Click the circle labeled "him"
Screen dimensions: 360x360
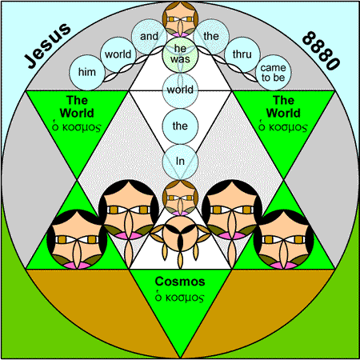click(87, 73)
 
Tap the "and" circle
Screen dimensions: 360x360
click(149, 37)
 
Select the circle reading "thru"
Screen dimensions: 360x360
click(242, 54)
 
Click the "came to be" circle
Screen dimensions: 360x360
click(273, 73)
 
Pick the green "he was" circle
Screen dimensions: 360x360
click(180, 54)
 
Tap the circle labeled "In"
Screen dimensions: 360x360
click(180, 162)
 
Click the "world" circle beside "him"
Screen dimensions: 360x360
click(118, 54)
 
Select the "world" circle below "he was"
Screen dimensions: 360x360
click(180, 90)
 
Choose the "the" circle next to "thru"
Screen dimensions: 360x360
click(211, 37)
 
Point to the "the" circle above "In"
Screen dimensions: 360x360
click(180, 126)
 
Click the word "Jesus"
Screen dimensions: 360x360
click(47, 46)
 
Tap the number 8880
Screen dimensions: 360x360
click(322, 50)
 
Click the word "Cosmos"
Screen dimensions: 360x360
click(180, 282)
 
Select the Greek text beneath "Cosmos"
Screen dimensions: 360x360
click(180, 298)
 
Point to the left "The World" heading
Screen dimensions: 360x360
click(77, 106)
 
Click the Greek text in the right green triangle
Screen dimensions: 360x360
click(283, 127)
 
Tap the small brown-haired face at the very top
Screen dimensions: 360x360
click(180, 19)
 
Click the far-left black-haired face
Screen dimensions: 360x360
click(77, 239)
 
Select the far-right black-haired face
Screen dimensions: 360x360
click(283, 239)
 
